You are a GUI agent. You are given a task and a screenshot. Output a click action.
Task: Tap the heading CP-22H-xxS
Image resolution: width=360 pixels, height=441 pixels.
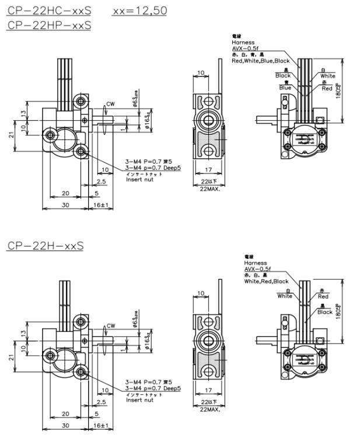[45, 245]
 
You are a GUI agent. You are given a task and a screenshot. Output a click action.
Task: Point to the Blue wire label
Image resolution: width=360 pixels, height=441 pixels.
[285, 88]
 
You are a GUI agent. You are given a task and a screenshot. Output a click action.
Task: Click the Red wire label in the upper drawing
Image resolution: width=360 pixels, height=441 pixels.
[327, 88]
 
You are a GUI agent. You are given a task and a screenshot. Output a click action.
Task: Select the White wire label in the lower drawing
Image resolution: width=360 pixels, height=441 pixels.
[285, 296]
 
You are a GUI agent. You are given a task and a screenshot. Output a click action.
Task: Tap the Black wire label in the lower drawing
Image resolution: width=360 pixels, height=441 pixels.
[325, 312]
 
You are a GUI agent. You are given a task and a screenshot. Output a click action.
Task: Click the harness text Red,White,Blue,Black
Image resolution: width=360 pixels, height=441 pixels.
[261, 61]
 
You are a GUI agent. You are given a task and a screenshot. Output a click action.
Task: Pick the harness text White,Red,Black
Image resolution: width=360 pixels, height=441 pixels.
[266, 282]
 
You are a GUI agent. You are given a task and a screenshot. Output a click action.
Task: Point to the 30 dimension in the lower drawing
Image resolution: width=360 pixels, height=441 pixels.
[67, 425]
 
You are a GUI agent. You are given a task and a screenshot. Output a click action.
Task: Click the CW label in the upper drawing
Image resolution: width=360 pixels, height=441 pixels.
[110, 104]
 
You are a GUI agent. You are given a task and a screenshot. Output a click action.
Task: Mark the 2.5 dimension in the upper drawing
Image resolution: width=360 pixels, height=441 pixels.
[102, 182]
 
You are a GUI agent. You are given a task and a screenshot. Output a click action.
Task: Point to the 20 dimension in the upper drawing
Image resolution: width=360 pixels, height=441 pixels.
[65, 193]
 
